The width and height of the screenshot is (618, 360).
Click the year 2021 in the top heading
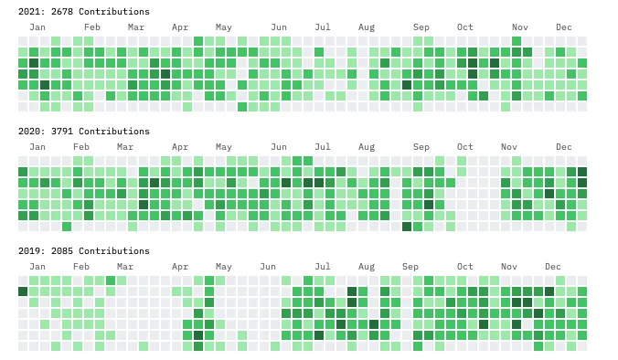(29, 12)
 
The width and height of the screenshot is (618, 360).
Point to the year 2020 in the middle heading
(29, 132)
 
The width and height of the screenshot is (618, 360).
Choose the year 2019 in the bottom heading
(29, 251)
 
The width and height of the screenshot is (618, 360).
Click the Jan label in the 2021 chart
(37, 27)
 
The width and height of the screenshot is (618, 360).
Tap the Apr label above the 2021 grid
(180, 27)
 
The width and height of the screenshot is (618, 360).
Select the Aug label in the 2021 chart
(367, 27)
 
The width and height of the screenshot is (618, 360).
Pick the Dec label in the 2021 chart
(564, 27)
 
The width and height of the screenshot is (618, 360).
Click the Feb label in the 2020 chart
(81, 147)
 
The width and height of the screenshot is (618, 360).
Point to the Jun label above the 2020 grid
(279, 147)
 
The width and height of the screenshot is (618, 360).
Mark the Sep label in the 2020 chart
(421, 147)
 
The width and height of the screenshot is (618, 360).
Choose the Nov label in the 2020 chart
(509, 147)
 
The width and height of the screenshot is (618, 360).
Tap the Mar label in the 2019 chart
(125, 267)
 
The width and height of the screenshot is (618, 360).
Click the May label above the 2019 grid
(224, 267)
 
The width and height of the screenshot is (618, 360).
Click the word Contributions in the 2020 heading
(116, 132)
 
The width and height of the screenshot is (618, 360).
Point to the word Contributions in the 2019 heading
(116, 251)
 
